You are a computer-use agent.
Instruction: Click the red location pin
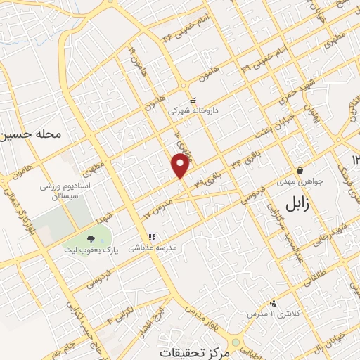(181, 165)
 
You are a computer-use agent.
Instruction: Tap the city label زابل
(297, 205)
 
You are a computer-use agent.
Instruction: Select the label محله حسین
(33, 133)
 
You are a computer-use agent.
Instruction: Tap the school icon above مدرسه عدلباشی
(150, 237)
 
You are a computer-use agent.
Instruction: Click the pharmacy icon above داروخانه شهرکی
(192, 99)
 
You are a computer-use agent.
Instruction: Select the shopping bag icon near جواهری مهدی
(300, 170)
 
